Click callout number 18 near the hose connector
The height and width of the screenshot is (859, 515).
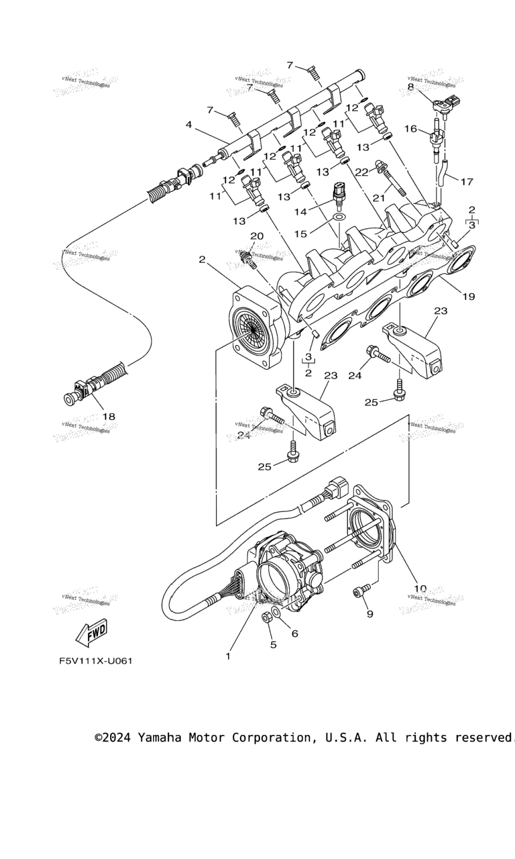point(108,417)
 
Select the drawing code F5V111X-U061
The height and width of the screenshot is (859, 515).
point(95,661)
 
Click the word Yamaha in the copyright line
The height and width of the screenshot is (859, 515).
point(166,738)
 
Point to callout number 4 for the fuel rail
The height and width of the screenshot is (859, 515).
point(189,125)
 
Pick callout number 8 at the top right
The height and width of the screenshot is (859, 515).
point(410,87)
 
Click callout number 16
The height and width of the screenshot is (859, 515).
point(410,128)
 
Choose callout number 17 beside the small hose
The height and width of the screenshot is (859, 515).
point(467,181)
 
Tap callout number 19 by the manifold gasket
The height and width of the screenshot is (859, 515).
point(468,296)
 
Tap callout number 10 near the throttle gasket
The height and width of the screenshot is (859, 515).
point(420,589)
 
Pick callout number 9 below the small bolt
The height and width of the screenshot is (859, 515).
point(369,613)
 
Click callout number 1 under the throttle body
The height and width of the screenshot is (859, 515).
point(228,656)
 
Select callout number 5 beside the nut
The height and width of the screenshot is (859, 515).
point(273,645)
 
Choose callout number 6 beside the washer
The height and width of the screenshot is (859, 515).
point(294,633)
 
